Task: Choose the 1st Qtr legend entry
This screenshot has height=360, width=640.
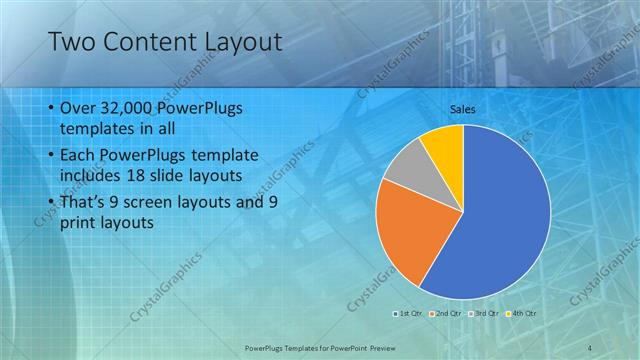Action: pyautogui.click(x=410, y=313)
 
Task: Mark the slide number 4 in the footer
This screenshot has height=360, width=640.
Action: pyautogui.click(x=591, y=347)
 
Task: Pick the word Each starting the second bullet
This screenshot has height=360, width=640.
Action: pyautogui.click(x=79, y=156)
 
